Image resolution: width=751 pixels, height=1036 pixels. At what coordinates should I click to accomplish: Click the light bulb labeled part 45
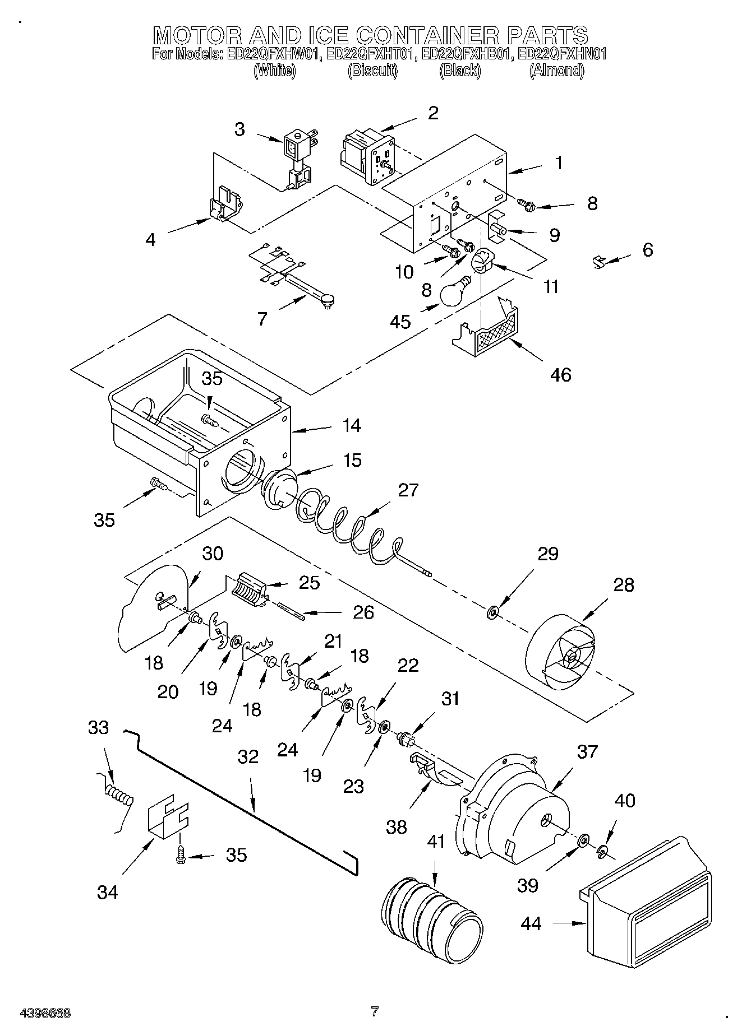(x=455, y=292)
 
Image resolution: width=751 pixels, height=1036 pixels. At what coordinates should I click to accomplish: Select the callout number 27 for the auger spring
(x=408, y=490)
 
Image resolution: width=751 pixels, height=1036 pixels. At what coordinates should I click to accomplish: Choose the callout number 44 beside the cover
(x=531, y=923)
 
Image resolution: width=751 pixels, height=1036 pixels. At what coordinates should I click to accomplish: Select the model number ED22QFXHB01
(x=467, y=54)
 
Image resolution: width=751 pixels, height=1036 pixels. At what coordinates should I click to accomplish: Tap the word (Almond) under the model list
(x=556, y=71)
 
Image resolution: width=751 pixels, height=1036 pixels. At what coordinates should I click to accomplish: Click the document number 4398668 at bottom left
(x=45, y=1012)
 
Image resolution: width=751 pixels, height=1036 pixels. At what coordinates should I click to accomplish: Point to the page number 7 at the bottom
(x=375, y=1011)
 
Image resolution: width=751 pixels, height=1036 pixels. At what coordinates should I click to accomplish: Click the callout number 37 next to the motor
(x=587, y=751)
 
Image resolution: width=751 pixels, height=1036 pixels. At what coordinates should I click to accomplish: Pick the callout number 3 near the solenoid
(x=239, y=129)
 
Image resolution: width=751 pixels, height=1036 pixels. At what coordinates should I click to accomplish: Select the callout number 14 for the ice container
(x=352, y=426)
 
